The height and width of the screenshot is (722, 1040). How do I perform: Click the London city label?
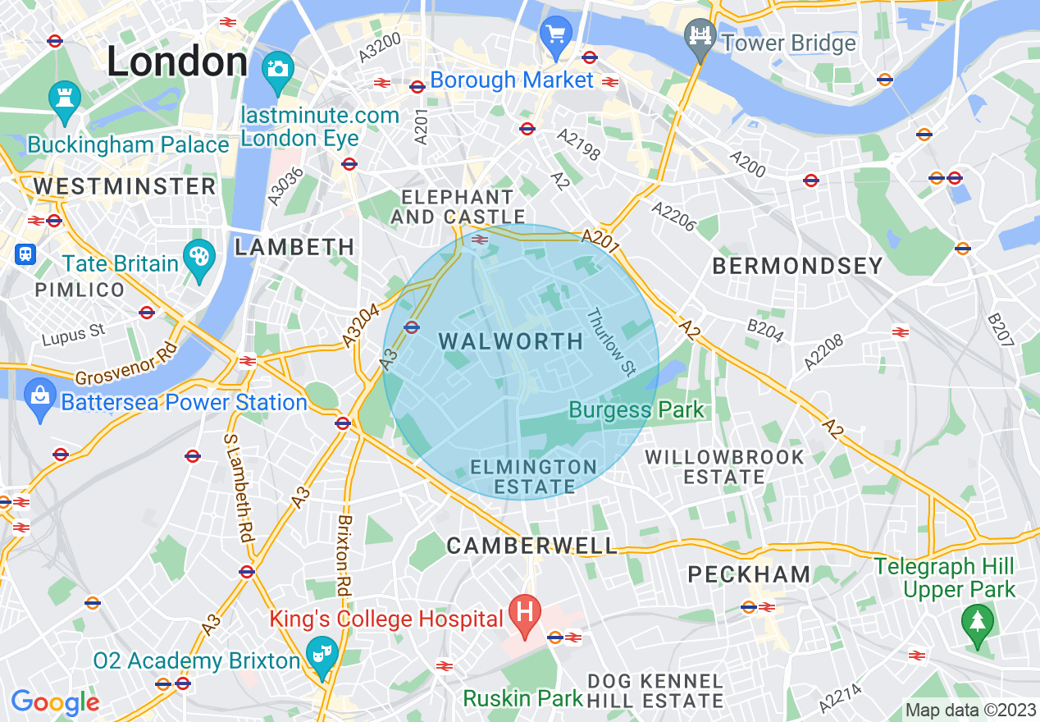177,63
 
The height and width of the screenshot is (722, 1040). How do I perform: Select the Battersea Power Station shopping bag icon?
39,397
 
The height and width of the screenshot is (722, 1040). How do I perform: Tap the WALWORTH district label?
511,341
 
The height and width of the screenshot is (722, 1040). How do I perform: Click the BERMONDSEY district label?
797,266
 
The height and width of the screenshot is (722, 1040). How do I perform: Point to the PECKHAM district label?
749,574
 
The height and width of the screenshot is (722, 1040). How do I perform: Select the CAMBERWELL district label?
531,545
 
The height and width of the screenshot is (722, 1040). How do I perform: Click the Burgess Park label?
636,409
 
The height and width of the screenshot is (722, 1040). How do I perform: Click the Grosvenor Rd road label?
127,366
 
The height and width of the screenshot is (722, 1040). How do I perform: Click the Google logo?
55,702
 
